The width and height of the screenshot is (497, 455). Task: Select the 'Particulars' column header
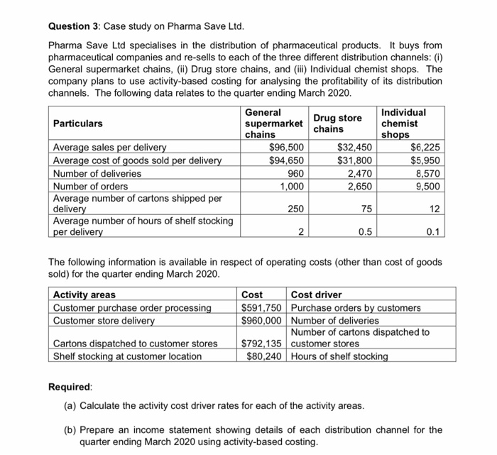coord(78,124)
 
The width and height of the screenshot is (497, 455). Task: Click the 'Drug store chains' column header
coord(338,124)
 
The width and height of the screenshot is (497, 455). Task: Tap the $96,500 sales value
coord(290,148)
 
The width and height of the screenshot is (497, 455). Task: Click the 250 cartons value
coord(296,209)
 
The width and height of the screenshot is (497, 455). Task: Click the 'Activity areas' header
coord(84,295)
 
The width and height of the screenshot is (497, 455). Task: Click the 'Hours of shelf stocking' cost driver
coord(339,356)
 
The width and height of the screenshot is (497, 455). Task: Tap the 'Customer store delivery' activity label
coord(104,320)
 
